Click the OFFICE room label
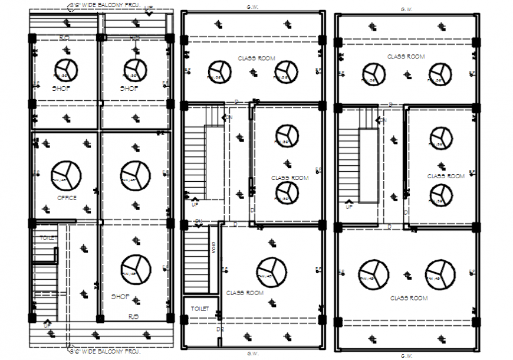click(x=66, y=198)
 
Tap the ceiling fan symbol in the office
click(x=66, y=175)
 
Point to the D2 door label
click(x=220, y=329)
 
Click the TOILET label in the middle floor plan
click(x=200, y=308)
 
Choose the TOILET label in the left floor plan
click(x=47, y=237)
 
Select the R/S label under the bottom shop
click(x=134, y=316)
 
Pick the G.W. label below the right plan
click(x=406, y=356)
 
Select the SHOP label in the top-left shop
click(x=61, y=89)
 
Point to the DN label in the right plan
click(x=383, y=120)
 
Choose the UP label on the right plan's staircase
click(x=349, y=207)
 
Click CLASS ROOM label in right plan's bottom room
click(x=409, y=298)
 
